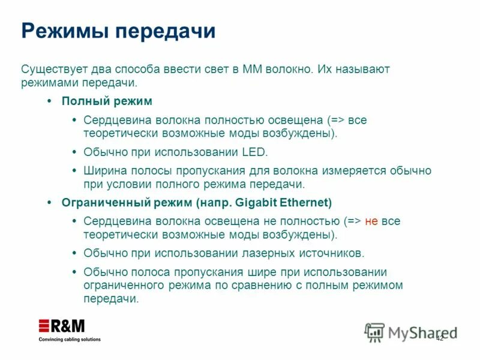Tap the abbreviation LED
255,152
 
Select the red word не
371,221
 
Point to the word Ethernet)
307,202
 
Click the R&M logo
62,326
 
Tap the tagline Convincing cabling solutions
70,340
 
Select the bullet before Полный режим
49,101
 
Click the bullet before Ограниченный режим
49,202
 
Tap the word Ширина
103,170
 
